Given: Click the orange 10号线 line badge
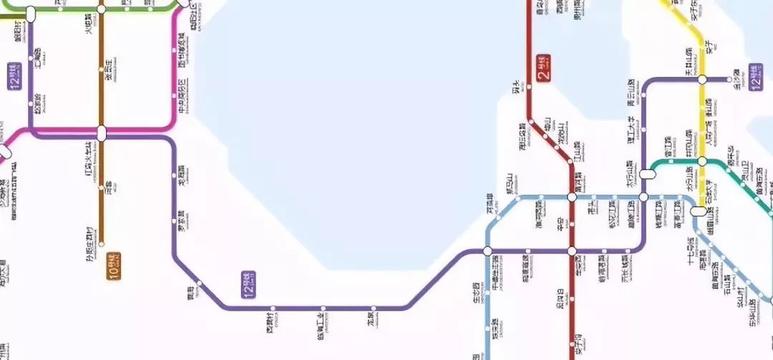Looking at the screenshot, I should point(113,266).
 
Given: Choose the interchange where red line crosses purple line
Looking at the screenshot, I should point(573,251).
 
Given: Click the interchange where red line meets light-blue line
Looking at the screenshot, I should point(573,196).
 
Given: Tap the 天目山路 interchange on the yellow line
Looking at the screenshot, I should point(702,79).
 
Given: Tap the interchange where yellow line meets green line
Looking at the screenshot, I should point(702,161).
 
